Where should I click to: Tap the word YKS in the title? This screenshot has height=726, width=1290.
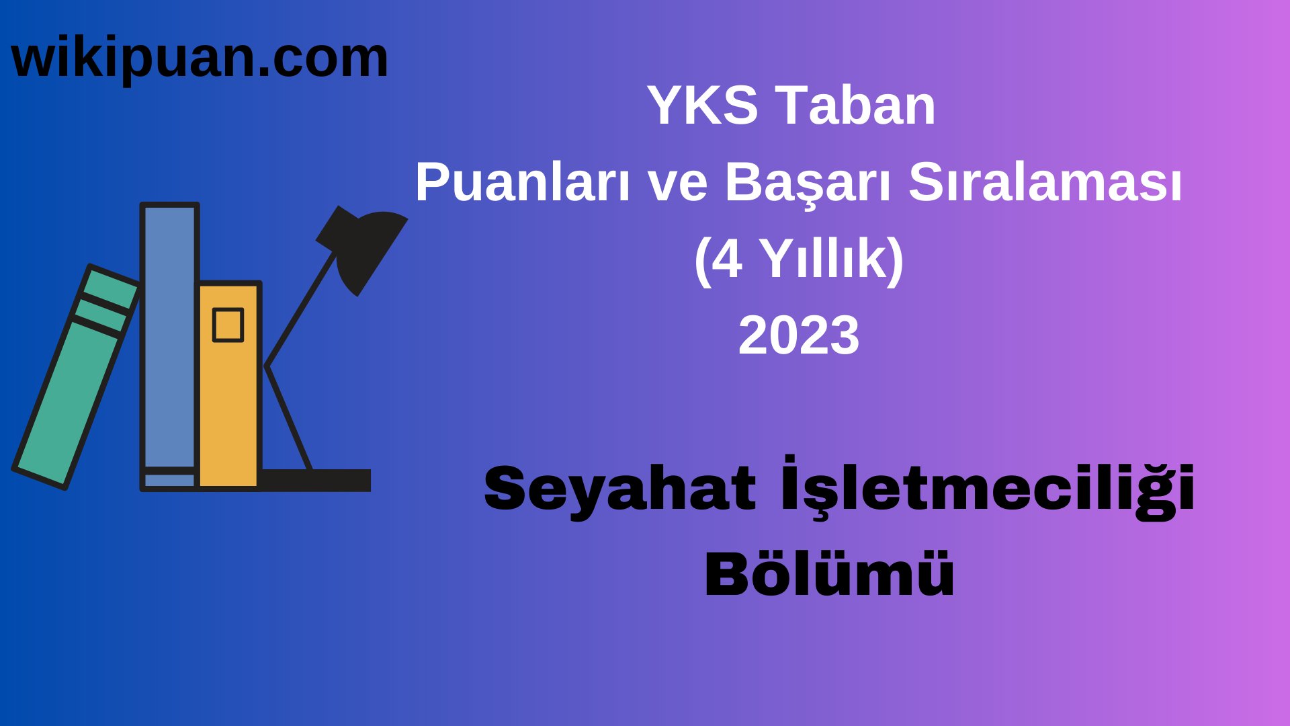coord(702,106)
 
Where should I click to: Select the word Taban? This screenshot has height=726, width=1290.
coord(855,106)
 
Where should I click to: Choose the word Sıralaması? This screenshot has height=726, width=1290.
coord(1045,182)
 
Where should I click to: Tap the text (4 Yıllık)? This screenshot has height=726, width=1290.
coord(799,259)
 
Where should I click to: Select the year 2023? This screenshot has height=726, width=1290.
coord(799,335)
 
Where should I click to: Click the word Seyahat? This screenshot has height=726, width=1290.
coord(619,489)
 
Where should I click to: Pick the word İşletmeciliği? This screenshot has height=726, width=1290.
coord(988,488)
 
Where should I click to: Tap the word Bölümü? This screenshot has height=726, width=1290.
coord(829,574)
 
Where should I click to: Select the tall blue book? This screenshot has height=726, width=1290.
coord(169,336)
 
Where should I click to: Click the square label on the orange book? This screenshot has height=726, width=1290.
coord(228,325)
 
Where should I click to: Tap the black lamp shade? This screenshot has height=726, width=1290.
coord(366,249)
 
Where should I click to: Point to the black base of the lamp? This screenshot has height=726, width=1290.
coord(316,480)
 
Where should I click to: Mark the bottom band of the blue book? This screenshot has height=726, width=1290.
coord(169,480)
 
